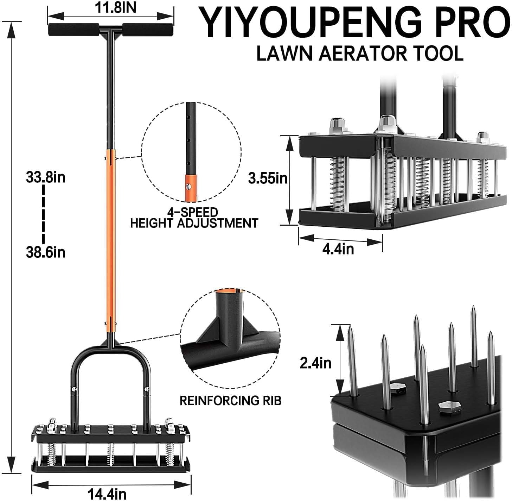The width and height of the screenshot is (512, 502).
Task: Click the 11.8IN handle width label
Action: tap(115, 7)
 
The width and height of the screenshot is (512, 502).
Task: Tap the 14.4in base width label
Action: tap(107, 494)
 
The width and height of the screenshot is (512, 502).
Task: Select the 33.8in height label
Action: tap(46, 177)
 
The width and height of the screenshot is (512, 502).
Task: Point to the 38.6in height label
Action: tap(46, 252)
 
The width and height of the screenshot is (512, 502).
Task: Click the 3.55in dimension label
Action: tap(268, 178)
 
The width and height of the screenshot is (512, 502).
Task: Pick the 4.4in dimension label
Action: tap(338, 249)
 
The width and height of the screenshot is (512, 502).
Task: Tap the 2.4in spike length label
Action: tap(316, 363)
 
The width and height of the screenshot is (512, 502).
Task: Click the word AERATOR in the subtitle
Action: tap(363, 54)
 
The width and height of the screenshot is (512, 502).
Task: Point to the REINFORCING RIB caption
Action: tap(230, 400)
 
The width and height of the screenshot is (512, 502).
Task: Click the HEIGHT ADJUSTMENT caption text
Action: tap(194, 223)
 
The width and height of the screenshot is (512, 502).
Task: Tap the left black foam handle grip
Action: tap(73, 30)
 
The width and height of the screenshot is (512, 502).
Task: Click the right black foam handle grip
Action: tap(148, 30)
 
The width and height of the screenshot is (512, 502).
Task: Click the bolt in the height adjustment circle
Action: tap(188, 187)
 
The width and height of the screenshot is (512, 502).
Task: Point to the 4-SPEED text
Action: tap(193, 212)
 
